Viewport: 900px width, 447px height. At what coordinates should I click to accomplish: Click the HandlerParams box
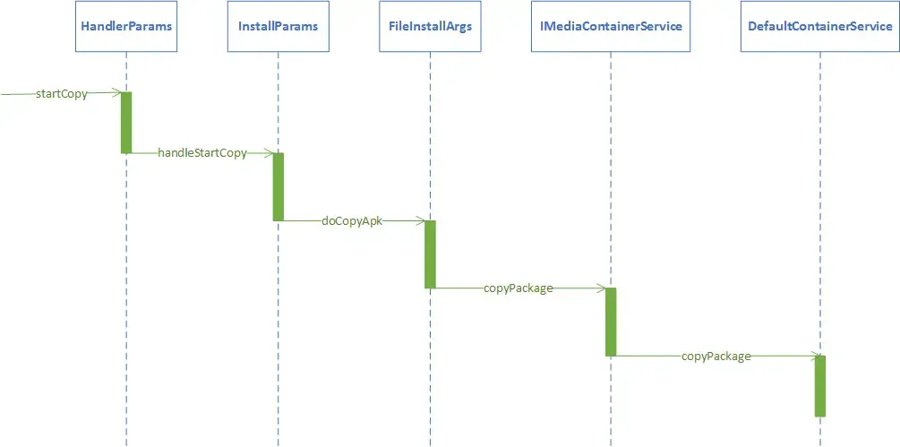coord(126,26)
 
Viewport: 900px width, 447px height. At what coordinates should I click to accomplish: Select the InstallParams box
coord(278,26)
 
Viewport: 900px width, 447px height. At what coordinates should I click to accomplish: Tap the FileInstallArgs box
coord(430,26)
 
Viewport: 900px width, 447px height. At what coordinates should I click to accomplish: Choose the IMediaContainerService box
coord(611,26)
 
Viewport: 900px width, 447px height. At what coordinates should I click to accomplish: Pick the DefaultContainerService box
coord(819,26)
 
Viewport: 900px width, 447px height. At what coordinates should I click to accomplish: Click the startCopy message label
coord(62,93)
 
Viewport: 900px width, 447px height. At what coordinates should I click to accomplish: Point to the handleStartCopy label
coord(202,153)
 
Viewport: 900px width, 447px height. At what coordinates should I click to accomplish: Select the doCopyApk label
coord(352,220)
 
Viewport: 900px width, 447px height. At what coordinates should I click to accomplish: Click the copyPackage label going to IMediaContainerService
coord(518,288)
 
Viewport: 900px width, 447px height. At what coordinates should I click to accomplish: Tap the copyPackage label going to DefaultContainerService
coord(716,357)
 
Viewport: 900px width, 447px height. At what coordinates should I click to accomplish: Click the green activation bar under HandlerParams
coord(126,123)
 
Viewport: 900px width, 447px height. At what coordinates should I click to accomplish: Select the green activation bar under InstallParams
coord(278,186)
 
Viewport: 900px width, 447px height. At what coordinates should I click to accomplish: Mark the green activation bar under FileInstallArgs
coord(430,254)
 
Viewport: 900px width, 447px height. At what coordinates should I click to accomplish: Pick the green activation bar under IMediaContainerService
coord(611,322)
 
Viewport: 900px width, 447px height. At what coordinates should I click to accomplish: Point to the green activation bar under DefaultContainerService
coord(819,386)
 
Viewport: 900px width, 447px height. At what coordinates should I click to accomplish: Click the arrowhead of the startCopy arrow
coord(116,92)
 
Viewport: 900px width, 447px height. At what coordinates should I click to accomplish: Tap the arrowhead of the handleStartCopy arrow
coord(268,153)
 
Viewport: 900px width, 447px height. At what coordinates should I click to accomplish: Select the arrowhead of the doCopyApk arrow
coord(420,220)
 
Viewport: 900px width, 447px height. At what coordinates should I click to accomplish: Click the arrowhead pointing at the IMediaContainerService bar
coord(601,288)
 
